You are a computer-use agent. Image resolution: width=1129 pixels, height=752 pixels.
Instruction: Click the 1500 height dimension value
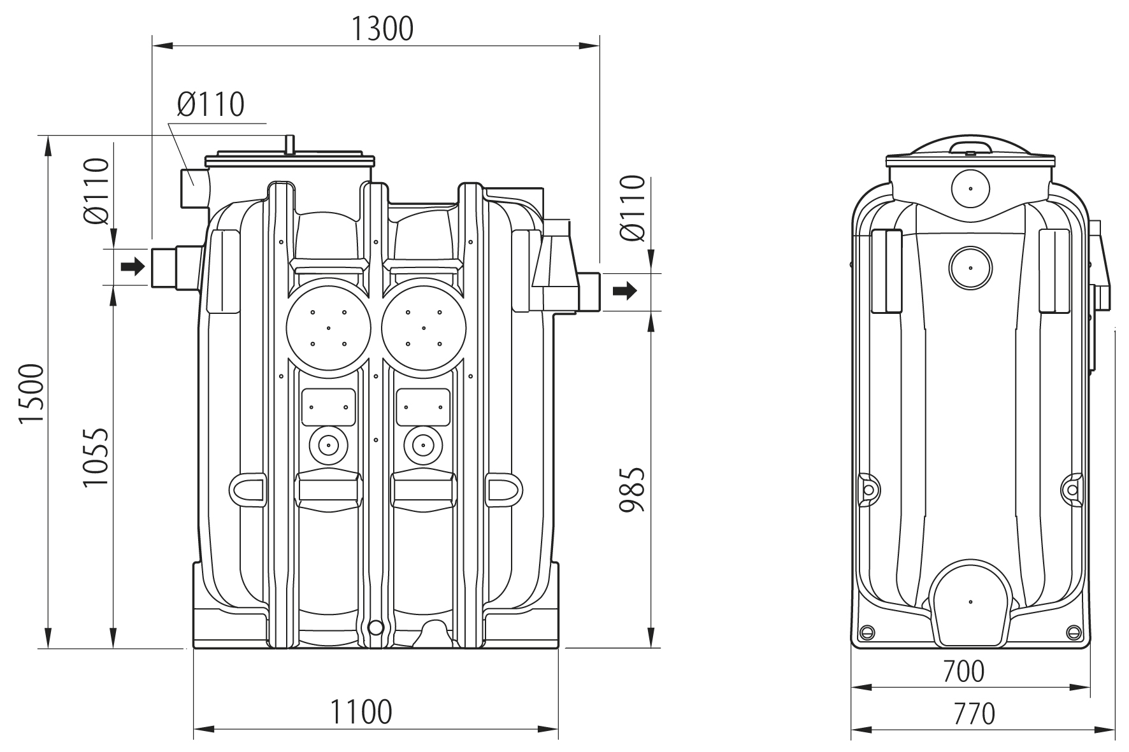pos(31,394)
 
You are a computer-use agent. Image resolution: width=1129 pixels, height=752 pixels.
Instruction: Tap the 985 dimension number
pos(633,490)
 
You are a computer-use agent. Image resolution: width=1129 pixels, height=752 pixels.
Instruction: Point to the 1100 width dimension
pos(361,711)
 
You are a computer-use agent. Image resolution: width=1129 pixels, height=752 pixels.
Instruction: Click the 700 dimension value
pos(963,670)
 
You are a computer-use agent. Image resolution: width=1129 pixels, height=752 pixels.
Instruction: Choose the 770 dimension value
pos(975,714)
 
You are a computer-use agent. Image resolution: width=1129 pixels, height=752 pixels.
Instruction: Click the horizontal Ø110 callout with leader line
pos(211,104)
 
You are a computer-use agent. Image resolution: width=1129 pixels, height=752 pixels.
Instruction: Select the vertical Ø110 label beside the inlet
pos(96,192)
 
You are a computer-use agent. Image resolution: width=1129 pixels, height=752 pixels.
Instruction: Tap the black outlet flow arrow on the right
pos(624,292)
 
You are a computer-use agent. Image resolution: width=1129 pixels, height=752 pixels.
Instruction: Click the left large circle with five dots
pos(329,328)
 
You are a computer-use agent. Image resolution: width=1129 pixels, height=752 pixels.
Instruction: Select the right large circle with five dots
pos(424,328)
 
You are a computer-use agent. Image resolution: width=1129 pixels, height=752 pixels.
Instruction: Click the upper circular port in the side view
pos(970,188)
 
